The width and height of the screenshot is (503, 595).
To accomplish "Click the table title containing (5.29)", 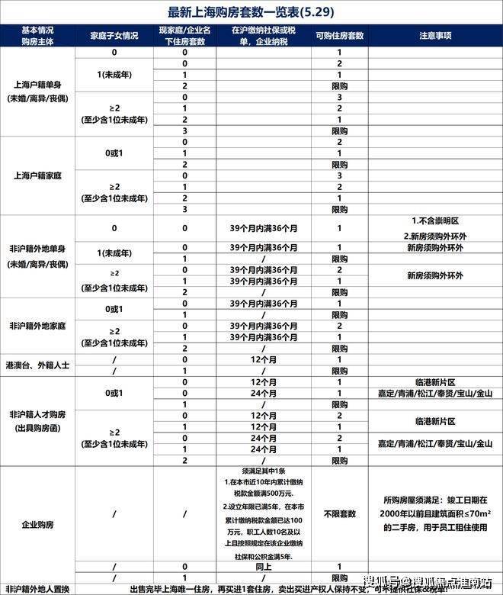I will pos(251,12).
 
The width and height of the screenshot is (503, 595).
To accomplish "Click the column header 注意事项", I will pos(435,36).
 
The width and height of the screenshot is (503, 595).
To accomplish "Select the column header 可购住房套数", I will pos(339,36).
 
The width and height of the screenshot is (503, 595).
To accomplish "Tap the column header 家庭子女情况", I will pos(114,36).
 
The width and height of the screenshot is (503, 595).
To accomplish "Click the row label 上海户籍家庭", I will pos(38,175).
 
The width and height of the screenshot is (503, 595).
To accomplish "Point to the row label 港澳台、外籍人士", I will pos(38,365).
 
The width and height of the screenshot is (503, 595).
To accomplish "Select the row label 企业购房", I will pos(38,525).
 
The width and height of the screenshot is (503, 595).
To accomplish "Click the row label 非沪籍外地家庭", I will pos(38,325).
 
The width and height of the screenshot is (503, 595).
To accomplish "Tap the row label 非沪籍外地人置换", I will pos(38,588).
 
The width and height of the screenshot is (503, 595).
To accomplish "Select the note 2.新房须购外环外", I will pos(435,235).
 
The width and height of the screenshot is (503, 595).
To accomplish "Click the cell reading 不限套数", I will pos(339,513).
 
